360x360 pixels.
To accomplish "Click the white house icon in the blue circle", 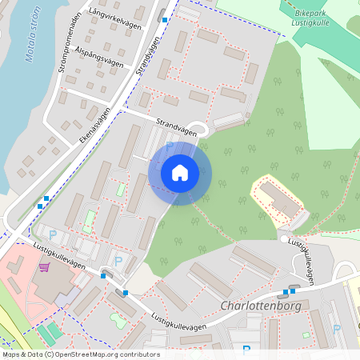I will click(179, 172).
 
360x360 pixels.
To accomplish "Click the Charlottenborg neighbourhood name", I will click(262, 306).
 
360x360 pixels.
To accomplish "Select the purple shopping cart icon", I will click(45, 266).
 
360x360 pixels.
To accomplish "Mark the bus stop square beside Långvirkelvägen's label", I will click(165, 19).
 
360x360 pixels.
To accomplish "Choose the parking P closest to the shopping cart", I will click(54, 234).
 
